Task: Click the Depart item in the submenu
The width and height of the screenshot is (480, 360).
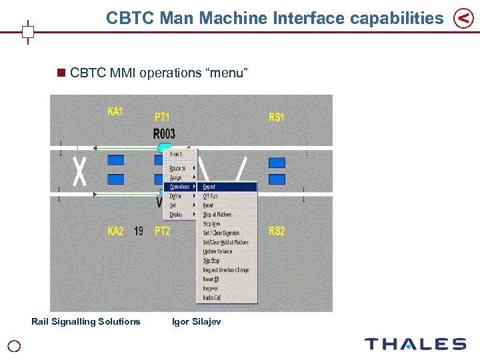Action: pyautogui.click(x=209, y=187)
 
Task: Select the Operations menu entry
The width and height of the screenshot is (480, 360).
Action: pyautogui.click(x=180, y=187)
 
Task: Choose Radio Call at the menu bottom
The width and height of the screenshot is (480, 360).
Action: pyautogui.click(x=212, y=298)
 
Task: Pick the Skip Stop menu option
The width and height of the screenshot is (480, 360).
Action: pyautogui.click(x=211, y=261)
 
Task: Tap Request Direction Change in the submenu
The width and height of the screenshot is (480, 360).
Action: pyautogui.click(x=225, y=271)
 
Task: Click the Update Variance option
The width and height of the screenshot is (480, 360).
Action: pyautogui.click(x=217, y=252)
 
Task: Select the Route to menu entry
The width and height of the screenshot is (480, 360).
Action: pyautogui.click(x=178, y=169)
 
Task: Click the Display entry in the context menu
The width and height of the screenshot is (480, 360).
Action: pyautogui.click(x=176, y=215)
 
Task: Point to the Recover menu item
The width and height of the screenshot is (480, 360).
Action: pyautogui.click(x=211, y=289)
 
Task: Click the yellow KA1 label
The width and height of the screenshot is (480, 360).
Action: pyautogui.click(x=115, y=112)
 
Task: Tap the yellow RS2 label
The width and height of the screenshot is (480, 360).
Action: pyautogui.click(x=277, y=231)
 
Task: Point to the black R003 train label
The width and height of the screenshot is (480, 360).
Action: pyautogui.click(x=164, y=134)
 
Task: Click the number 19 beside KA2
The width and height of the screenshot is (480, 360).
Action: pyautogui.click(x=139, y=231)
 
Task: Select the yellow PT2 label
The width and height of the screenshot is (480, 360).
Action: pyautogui.click(x=162, y=231)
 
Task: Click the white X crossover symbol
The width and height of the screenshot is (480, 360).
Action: pyautogui.click(x=80, y=171)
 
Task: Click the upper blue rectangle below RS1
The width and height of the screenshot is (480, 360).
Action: pyautogui.click(x=277, y=163)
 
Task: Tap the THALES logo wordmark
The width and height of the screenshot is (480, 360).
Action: pyautogui.click(x=415, y=344)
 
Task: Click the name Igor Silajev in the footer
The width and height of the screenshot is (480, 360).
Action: pyautogui.click(x=196, y=322)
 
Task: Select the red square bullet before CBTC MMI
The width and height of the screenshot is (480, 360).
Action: pyautogui.click(x=62, y=73)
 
